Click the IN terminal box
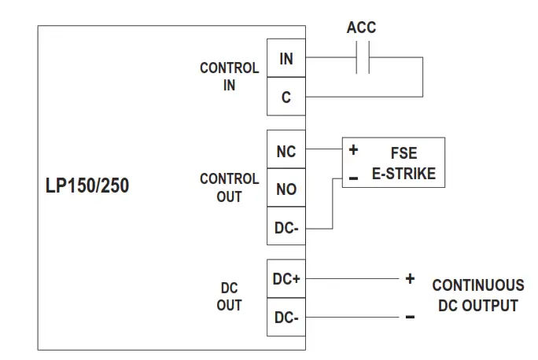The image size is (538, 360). pos(286,58)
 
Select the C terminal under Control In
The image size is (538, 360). pos(286,97)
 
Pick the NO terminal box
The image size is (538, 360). pos(286,189)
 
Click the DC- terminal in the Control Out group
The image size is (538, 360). pos(286,228)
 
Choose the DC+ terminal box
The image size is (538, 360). pos(286,279)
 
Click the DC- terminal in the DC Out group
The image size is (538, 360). pos(286,318)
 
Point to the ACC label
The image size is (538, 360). pos(361,28)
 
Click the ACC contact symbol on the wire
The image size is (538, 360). pos(362,58)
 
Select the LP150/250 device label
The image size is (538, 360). pos(87,187)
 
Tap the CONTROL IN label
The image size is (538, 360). pos(229,77)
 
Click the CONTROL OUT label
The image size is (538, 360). pos(229,188)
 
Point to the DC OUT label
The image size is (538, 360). pos(229,297)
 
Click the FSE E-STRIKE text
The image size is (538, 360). pos(403,163)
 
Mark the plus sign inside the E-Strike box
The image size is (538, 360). pos(353,149)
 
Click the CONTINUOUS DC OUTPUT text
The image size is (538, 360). pos(477,295)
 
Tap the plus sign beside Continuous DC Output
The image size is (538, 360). pos(409,279)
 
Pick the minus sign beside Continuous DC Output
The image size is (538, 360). pos(409,318)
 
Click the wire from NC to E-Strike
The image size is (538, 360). pos(322,149)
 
